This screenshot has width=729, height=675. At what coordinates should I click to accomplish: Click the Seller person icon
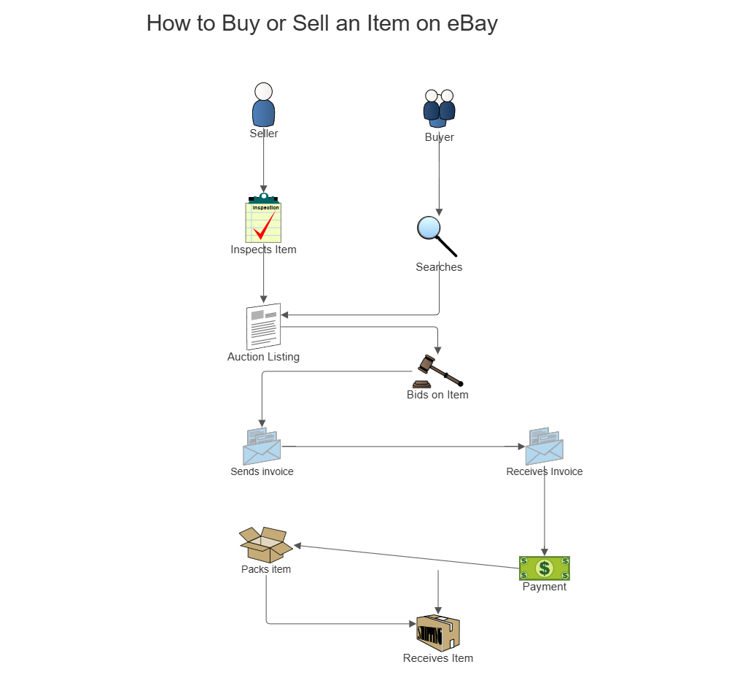263,105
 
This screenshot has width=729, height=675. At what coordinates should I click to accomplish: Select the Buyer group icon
439,108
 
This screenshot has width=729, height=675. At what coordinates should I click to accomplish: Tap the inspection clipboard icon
263,220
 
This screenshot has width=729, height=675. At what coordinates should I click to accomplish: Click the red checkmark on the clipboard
264,226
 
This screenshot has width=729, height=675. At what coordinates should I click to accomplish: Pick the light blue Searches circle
429,228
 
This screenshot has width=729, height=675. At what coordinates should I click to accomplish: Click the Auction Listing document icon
263,326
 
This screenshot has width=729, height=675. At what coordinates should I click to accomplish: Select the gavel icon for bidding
436,371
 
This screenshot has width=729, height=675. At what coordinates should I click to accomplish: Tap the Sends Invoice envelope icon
262,447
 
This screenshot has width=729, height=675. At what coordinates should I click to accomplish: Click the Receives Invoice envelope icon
545,447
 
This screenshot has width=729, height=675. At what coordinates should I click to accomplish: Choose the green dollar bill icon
544,568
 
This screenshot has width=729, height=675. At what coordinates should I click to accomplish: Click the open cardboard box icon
265,544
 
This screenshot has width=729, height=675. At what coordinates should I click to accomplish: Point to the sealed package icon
438,633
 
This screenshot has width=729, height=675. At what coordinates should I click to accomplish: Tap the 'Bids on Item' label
437,395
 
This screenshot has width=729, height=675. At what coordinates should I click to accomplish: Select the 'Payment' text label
544,587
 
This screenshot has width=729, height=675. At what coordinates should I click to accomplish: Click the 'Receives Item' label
438,658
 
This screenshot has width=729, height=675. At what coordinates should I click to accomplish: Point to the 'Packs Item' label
266,569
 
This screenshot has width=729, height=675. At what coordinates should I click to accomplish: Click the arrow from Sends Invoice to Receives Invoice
401,447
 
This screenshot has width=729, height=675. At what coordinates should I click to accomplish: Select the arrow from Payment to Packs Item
405,556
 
